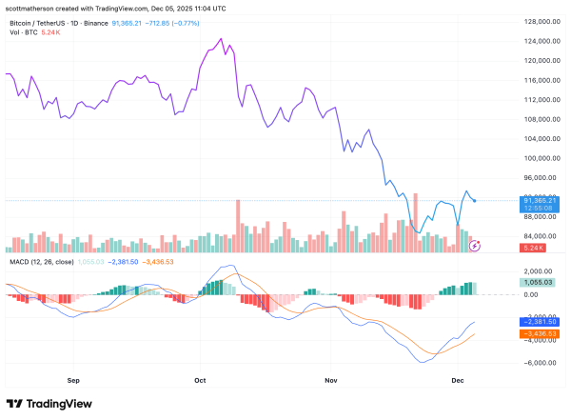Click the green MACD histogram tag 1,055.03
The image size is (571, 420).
coord(539,282)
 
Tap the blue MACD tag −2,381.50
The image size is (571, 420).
coord(539,322)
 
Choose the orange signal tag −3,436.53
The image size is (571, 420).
coord(539,334)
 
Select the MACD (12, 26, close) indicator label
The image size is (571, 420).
coord(42,259)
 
